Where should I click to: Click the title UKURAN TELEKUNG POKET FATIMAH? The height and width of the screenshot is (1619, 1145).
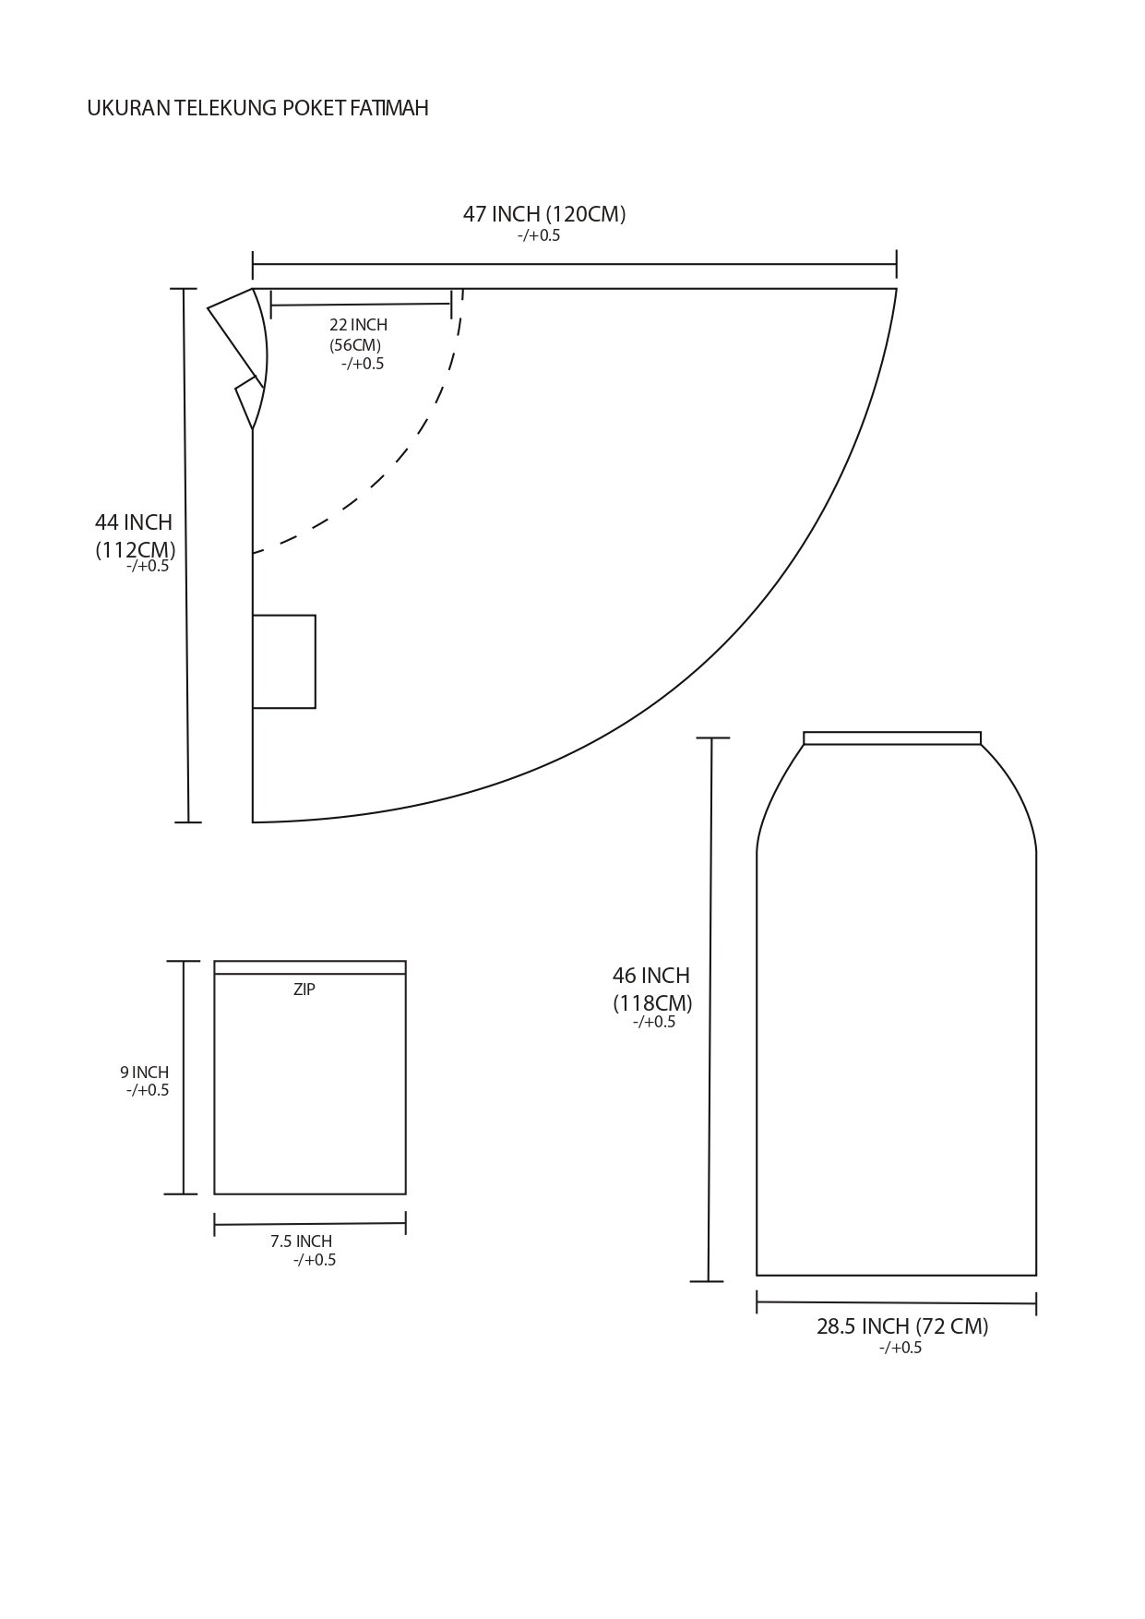[x=257, y=109]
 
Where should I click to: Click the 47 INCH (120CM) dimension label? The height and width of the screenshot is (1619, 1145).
[x=544, y=214]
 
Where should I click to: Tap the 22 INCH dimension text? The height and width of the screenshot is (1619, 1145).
[x=358, y=325]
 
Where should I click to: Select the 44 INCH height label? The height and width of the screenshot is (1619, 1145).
[x=134, y=522]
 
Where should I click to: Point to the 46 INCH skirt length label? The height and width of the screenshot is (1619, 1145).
[x=651, y=976]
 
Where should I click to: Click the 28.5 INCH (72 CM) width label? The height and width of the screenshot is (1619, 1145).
[x=902, y=1326]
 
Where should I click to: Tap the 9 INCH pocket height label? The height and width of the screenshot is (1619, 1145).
[x=144, y=1073]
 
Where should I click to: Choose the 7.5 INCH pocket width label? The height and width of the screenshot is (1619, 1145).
[x=302, y=1241]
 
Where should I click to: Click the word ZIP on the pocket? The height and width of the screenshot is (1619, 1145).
[x=304, y=989]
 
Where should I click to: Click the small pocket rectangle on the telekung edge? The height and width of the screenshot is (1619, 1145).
[x=284, y=662]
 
